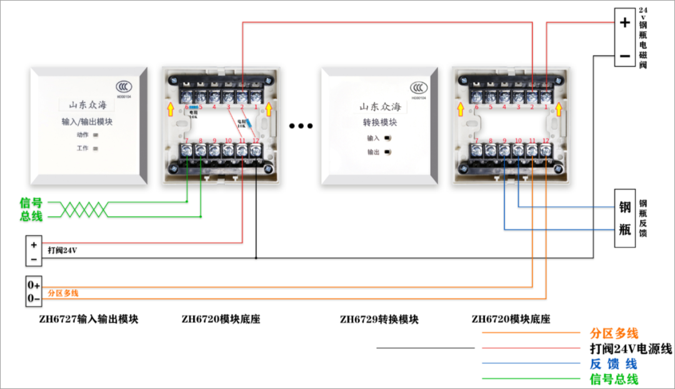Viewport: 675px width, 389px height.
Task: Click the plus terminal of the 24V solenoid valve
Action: click(x=625, y=22)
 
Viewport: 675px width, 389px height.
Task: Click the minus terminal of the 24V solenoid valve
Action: click(x=625, y=56)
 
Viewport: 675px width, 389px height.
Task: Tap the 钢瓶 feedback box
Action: click(x=625, y=218)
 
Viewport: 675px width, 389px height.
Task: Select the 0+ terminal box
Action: click(x=34, y=285)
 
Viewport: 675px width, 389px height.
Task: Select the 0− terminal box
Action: click(x=34, y=299)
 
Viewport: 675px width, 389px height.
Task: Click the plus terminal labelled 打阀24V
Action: click(x=34, y=245)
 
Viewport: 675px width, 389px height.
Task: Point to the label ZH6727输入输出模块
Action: click(x=89, y=320)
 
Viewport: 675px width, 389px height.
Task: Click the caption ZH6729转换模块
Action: click(x=379, y=320)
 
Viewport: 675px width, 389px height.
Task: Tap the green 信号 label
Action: click(x=31, y=203)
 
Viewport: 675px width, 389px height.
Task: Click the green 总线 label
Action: click(x=31, y=217)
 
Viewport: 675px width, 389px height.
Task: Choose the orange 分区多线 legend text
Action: click(x=614, y=333)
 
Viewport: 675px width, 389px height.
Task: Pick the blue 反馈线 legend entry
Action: click(x=613, y=364)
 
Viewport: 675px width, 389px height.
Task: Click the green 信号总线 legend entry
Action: click(x=614, y=379)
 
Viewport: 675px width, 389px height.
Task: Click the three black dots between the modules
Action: click(x=301, y=126)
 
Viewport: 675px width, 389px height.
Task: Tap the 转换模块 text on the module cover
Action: click(x=380, y=122)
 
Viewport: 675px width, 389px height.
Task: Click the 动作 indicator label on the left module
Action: click(x=82, y=135)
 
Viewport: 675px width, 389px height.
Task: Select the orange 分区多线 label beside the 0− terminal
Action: click(x=63, y=293)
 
